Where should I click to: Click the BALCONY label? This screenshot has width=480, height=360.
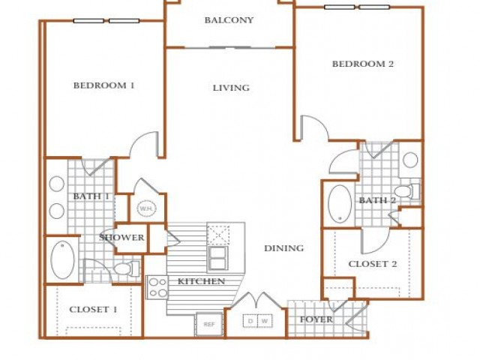pos(229,20)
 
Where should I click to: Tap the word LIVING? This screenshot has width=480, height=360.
pos(231,88)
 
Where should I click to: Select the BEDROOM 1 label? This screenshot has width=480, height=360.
pos(104,85)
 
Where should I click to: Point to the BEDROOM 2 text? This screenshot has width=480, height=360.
pos(363,64)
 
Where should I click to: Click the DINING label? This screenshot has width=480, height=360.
pos(284,248)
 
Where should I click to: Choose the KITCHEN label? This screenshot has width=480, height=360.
pos(201,281)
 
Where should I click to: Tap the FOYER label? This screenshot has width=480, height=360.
pos(316,319)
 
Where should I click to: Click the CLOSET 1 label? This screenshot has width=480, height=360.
pos(93,310)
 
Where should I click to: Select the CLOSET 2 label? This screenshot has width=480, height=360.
pos(373,264)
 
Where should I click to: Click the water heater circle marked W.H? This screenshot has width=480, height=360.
pos(147,209)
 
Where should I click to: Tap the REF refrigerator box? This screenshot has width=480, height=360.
pos(209,324)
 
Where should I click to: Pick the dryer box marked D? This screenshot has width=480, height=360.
pos(250,321)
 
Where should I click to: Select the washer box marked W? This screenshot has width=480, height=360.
pos(265,321)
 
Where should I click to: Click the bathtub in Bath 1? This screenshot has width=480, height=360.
pos(62,259)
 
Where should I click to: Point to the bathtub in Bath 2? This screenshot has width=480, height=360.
pos(340,203)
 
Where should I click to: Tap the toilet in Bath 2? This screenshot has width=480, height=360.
pos(407,191)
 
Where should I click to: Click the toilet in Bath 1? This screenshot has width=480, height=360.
pos(127,268)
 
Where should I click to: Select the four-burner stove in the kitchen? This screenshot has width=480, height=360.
pos(157,287)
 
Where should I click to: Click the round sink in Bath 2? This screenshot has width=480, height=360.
pos(410,160)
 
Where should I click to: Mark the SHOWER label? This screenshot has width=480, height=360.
pos(121,238)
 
